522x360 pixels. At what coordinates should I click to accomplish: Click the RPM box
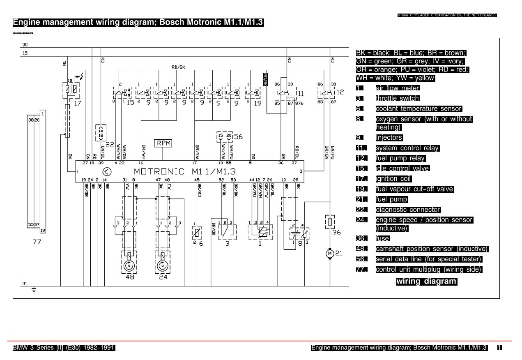pos(163,143)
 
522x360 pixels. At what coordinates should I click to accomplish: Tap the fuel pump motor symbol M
pos(330,254)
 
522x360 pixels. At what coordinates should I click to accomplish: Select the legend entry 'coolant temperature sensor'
pos(419,109)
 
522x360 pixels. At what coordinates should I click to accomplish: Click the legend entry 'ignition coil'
pos(393,179)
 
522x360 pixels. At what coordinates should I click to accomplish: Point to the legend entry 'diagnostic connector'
pos(408,210)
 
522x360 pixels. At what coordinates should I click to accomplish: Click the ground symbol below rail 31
pos(34,290)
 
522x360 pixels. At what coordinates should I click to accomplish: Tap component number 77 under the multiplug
pos(37,242)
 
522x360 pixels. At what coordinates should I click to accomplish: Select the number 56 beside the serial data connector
pos(238,137)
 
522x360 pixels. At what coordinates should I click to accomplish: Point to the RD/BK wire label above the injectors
pos(178,67)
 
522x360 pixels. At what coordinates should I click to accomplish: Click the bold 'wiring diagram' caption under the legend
pos(426,282)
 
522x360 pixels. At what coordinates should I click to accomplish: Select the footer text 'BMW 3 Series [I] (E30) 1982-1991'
pos(64,348)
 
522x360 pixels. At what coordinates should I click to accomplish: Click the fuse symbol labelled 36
pos(330,222)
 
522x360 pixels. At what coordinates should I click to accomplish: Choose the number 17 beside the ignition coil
pos(78,103)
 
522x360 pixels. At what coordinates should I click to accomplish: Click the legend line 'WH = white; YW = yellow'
pos(395,78)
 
